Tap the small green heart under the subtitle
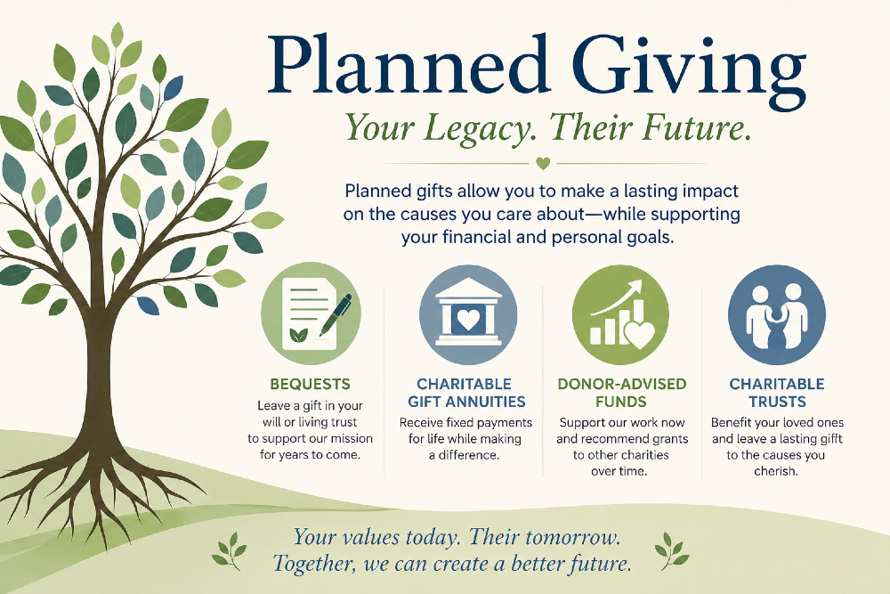click(x=543, y=164)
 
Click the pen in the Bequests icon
click(x=336, y=315)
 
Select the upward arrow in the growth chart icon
click(x=617, y=297)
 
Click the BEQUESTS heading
click(x=310, y=385)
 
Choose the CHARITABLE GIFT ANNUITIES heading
click(x=466, y=393)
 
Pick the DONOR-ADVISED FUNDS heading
click(x=621, y=393)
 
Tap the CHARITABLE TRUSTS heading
click(x=777, y=393)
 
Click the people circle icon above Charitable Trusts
click(x=776, y=315)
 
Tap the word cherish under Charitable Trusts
click(x=774, y=471)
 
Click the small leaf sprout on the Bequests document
click(x=298, y=335)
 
